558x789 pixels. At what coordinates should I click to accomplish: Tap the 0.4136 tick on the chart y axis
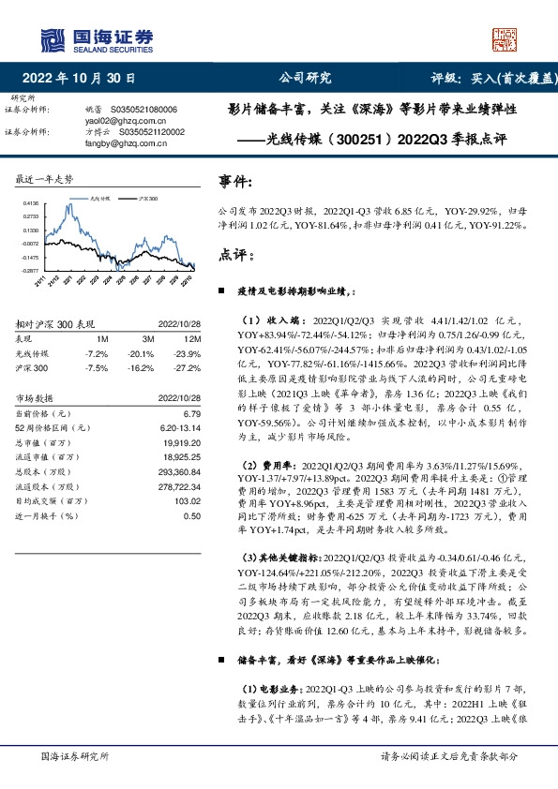pos(30,202)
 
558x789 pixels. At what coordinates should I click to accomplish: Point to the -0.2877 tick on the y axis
pos(30,270)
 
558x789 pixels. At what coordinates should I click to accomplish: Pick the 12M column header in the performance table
pos(189,337)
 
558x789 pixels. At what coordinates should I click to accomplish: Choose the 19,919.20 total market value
pos(182,439)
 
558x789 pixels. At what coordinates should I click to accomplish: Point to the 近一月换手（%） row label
pos(45,515)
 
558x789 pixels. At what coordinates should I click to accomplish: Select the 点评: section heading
pos(235,255)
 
